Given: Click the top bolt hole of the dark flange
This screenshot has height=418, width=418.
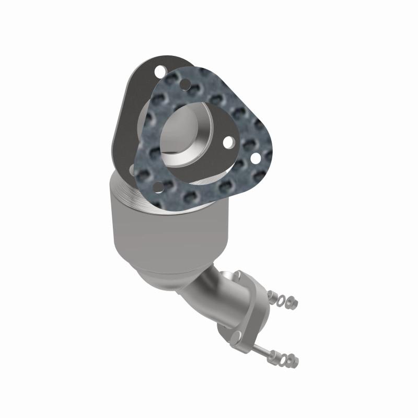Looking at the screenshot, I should (x=161, y=69).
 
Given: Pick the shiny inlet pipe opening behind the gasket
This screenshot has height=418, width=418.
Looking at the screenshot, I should (x=183, y=138).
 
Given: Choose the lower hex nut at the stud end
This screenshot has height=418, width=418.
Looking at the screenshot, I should (x=293, y=360).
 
